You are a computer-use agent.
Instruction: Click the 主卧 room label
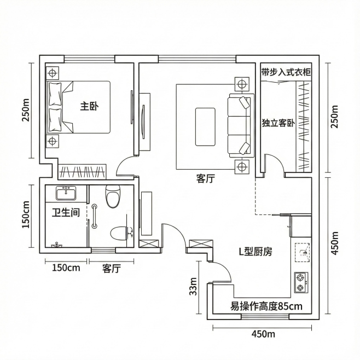(89, 106)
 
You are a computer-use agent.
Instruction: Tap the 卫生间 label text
(66, 213)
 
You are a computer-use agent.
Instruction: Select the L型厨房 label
(255, 252)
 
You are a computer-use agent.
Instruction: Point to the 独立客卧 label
(278, 123)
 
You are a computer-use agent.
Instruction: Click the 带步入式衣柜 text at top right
(285, 72)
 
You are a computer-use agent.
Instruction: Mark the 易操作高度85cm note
(266, 306)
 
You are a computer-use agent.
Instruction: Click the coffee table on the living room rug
(206, 126)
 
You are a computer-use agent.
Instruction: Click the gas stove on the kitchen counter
(301, 282)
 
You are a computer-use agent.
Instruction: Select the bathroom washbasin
(68, 193)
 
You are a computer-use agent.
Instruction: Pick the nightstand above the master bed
(53, 72)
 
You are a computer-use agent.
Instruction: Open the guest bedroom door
(274, 164)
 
